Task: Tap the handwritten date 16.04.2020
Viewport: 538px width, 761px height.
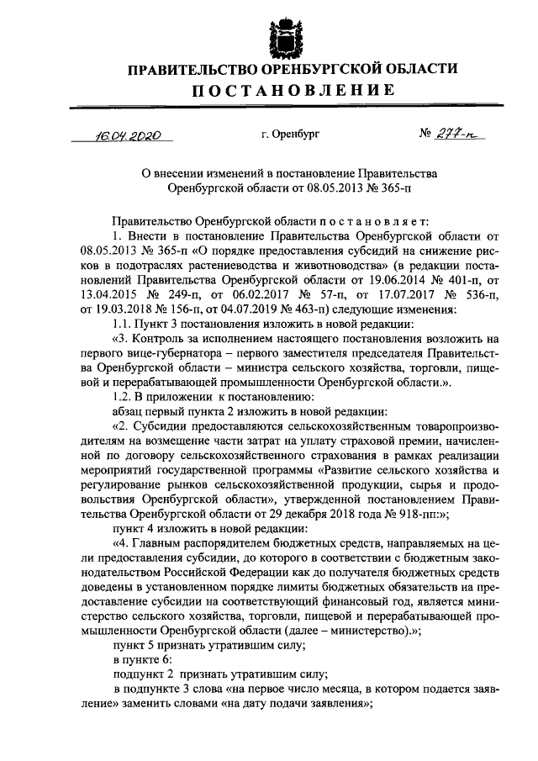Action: pyautogui.click(x=126, y=134)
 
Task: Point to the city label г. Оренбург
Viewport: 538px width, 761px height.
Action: pyautogui.click(x=290, y=134)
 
